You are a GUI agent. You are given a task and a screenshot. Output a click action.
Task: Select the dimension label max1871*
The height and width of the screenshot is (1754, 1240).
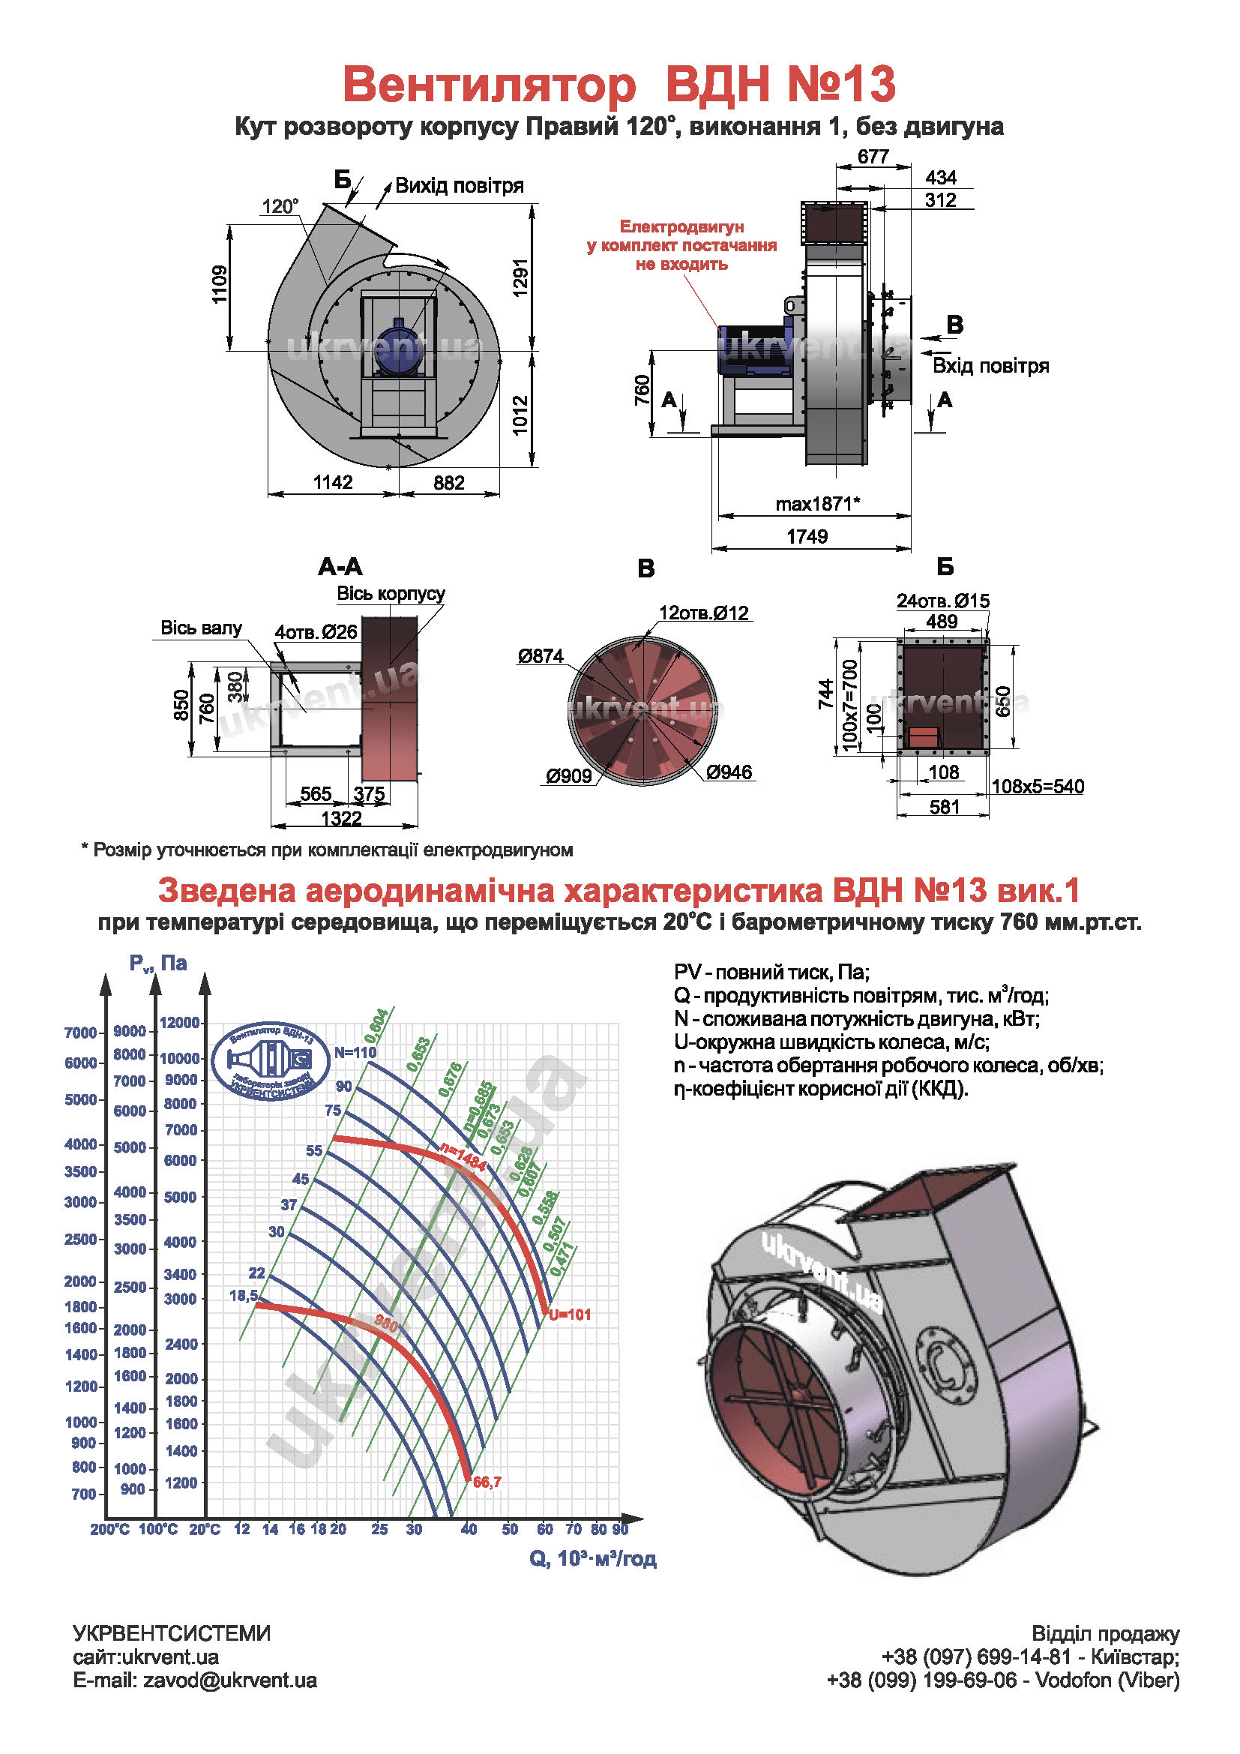pyautogui.click(x=817, y=504)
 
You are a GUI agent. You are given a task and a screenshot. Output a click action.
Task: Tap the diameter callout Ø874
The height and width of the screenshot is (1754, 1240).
pyautogui.click(x=540, y=656)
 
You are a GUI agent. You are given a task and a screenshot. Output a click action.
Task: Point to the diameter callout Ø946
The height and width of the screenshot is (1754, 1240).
pyautogui.click(x=729, y=772)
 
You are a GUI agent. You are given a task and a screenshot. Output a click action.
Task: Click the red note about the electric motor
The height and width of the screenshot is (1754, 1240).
pyautogui.click(x=681, y=245)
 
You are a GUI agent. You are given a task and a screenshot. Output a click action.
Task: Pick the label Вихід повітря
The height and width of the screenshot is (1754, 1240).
pyautogui.click(x=459, y=186)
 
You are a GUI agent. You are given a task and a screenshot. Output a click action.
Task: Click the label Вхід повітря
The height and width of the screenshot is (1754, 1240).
pyautogui.click(x=990, y=366)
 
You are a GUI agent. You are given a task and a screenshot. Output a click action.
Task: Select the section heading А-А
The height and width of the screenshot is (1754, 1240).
pyautogui.click(x=340, y=567)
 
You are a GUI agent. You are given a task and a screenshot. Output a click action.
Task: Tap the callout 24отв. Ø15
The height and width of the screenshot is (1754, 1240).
pyautogui.click(x=943, y=601)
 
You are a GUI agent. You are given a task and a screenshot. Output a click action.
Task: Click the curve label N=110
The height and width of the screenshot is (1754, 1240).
pyautogui.click(x=356, y=1052)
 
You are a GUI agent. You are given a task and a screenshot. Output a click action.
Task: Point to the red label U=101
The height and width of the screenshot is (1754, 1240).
pyautogui.click(x=570, y=1315)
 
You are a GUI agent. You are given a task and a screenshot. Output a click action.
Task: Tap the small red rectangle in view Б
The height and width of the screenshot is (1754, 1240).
pyautogui.click(x=923, y=736)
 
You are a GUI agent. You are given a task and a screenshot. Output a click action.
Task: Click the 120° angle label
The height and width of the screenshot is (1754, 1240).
pyautogui.click(x=280, y=206)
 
